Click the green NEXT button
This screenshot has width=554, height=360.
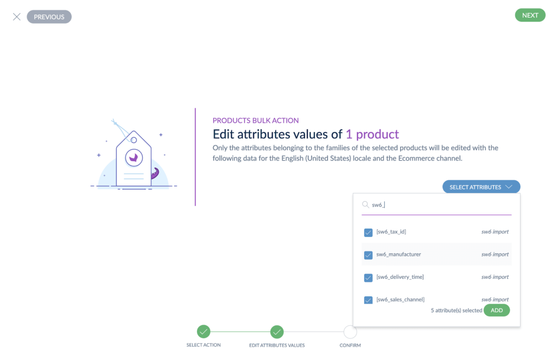[530, 15]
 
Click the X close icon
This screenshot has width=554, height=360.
[17, 17]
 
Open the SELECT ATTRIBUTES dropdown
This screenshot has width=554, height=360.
[481, 187]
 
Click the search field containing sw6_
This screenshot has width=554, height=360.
[438, 205]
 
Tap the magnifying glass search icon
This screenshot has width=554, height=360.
[365, 205]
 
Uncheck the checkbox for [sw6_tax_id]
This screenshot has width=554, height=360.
[368, 232]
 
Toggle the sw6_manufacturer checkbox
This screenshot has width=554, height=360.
[368, 255]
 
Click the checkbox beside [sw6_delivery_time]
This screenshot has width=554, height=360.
[368, 278]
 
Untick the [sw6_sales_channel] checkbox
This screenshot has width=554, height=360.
[368, 300]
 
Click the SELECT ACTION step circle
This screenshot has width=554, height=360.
[203, 331]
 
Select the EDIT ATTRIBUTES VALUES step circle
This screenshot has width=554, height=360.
[277, 331]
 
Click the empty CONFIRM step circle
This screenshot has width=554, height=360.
[350, 331]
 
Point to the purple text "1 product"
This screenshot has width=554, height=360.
[372, 134]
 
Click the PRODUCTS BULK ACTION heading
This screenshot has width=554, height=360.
[255, 121]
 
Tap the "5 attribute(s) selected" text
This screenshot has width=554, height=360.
[456, 311]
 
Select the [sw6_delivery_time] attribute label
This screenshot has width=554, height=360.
[400, 277]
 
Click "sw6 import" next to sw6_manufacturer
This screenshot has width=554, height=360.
[495, 254]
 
